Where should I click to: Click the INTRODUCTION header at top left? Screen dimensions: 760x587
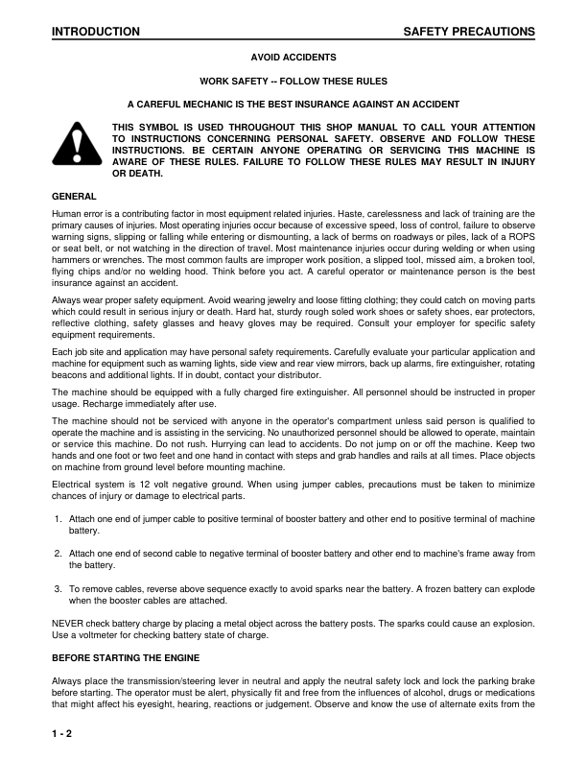(x=96, y=32)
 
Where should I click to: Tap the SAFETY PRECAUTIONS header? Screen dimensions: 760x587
(x=469, y=32)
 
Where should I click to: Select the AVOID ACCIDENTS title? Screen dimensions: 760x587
(x=293, y=58)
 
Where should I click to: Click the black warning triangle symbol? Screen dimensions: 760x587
(x=75, y=145)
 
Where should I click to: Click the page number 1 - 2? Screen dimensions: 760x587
(x=63, y=733)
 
